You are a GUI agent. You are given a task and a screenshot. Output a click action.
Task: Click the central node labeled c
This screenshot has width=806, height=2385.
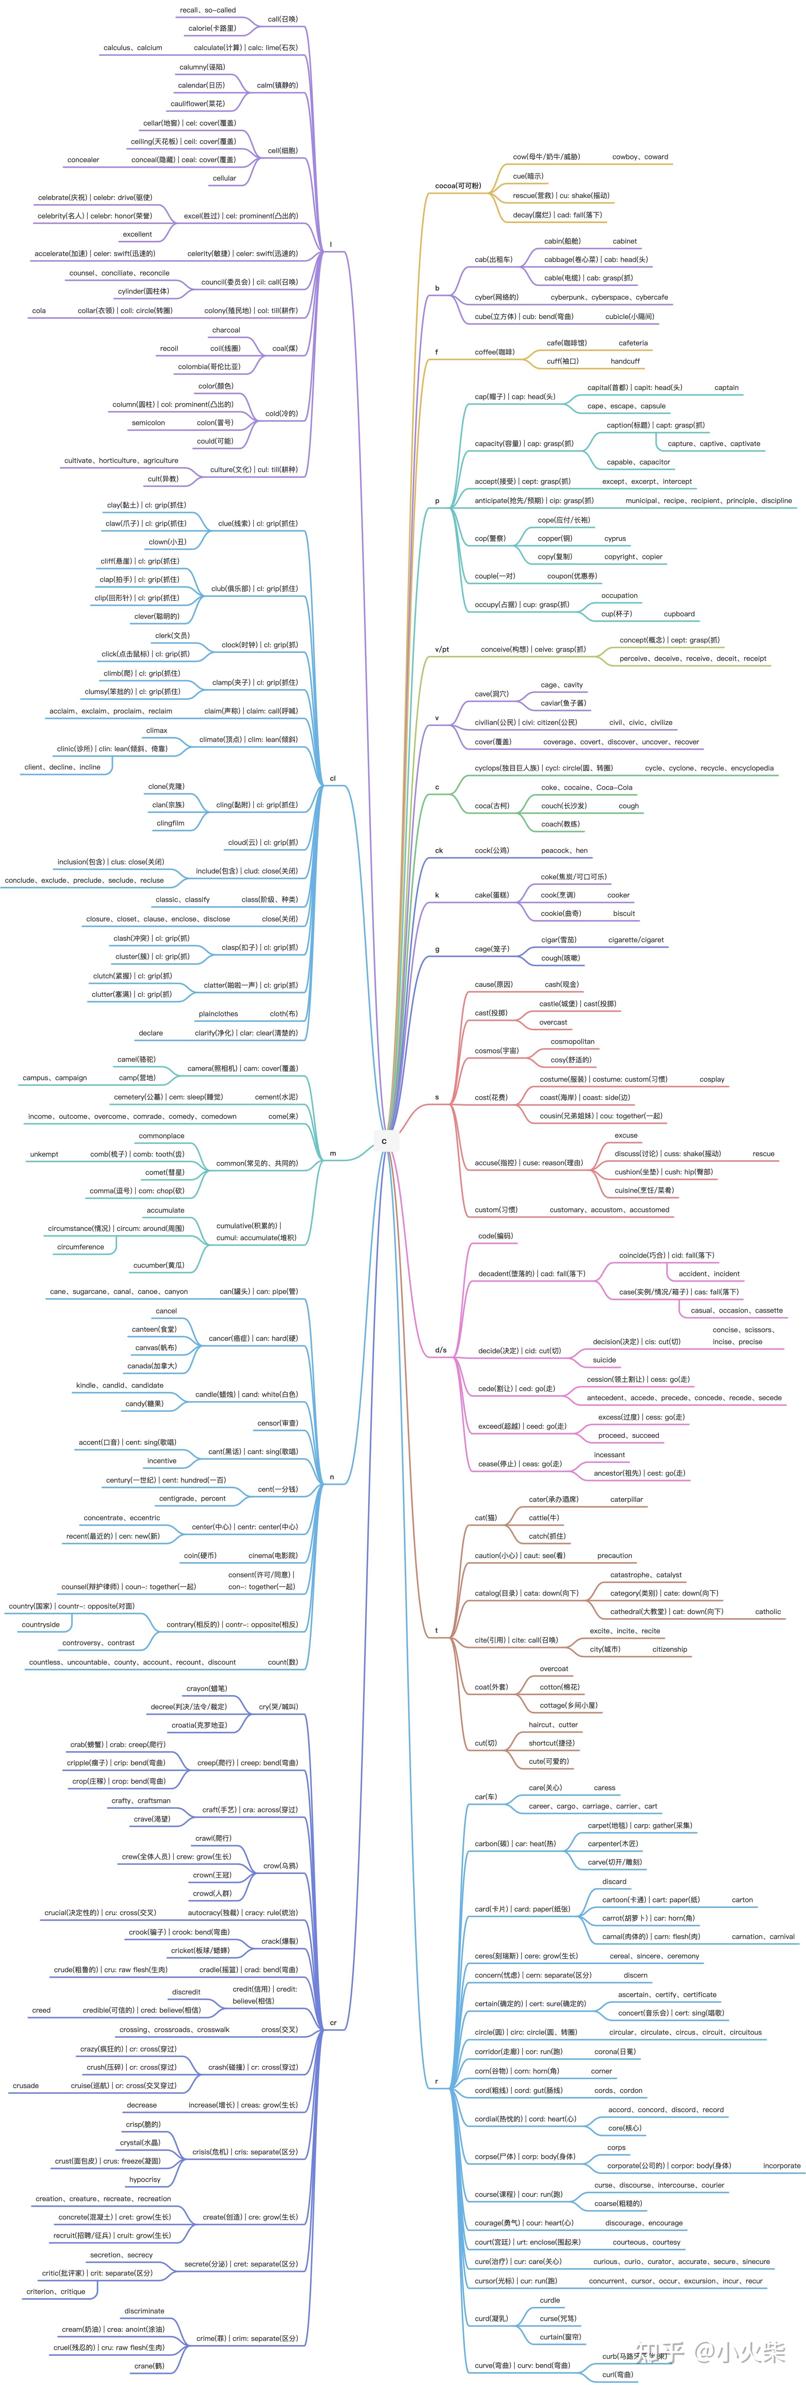(x=384, y=1141)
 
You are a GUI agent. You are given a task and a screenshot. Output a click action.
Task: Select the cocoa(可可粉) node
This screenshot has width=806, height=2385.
(x=458, y=186)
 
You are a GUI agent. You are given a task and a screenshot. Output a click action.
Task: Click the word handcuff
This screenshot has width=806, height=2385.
(x=625, y=361)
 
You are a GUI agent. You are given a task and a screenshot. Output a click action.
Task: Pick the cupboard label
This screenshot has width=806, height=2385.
(x=679, y=614)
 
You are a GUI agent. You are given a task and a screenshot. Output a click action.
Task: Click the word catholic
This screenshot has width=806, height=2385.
(x=768, y=1612)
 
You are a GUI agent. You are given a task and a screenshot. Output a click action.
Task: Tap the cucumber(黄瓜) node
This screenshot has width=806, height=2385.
(x=158, y=1266)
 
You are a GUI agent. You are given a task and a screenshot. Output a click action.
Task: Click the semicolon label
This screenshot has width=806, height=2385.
(x=148, y=423)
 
